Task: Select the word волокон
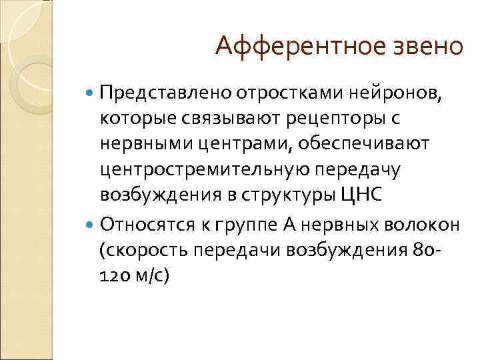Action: (421, 225)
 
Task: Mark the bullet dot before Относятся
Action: (90, 225)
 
